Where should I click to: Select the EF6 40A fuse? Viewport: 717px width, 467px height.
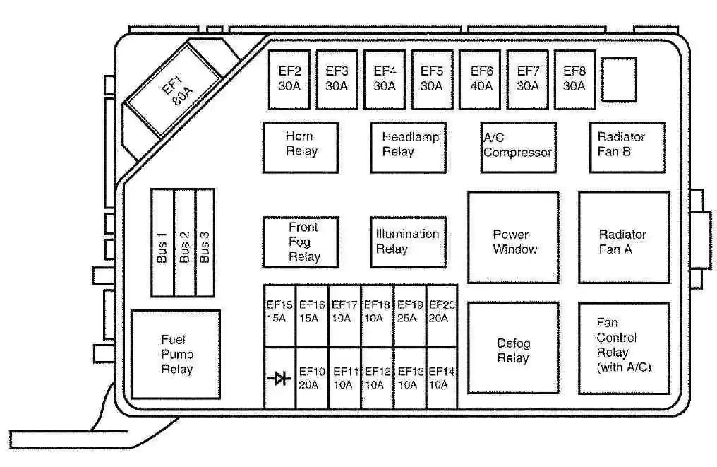[x=480, y=80]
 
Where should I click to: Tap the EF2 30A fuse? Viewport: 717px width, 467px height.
[x=289, y=80]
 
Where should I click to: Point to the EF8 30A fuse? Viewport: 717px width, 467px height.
[x=574, y=80]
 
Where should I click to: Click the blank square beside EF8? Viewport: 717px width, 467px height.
[x=619, y=80]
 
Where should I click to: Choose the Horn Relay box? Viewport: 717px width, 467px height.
[x=301, y=148]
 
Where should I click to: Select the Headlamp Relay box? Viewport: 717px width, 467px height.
[x=409, y=148]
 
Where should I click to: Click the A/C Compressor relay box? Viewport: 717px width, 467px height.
[x=519, y=148]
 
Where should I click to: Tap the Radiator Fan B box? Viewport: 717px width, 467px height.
[x=627, y=148]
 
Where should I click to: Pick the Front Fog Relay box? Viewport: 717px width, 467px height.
[x=301, y=242]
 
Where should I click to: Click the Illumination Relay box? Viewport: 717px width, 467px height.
[x=409, y=242]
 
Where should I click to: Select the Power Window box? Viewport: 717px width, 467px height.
[x=514, y=237]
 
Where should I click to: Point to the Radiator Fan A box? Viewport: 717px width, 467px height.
[x=624, y=237]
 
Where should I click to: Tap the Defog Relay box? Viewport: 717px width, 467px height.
[x=514, y=348]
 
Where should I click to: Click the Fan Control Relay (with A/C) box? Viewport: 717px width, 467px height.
[x=624, y=348]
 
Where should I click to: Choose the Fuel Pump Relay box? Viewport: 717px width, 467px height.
[x=176, y=355]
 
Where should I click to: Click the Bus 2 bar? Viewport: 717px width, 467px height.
[x=185, y=242]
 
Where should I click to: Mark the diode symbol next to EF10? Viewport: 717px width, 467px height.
[x=279, y=378]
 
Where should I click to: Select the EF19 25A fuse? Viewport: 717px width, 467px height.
[x=410, y=316]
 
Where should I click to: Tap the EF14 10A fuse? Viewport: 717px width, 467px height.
[x=442, y=378]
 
